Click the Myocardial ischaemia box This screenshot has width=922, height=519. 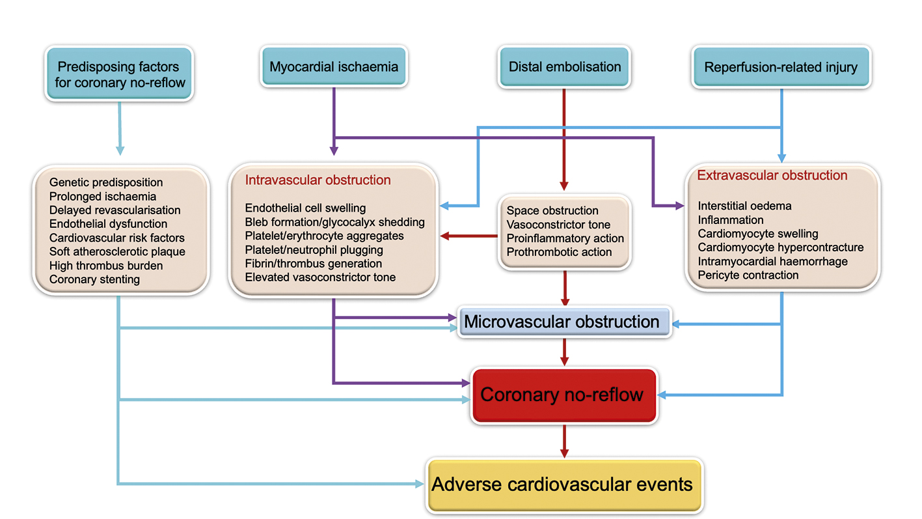click(334, 66)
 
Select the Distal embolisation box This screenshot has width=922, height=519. click(564, 66)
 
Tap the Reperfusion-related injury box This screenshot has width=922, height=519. click(781, 66)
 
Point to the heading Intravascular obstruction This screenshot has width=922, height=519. click(318, 180)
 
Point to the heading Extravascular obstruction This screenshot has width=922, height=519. click(772, 175)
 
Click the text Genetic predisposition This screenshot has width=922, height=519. click(106, 182)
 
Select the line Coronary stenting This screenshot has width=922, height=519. click(94, 279)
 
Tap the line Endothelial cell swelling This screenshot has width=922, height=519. click(305, 208)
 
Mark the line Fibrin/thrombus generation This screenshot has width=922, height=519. click(313, 264)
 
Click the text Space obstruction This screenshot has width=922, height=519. click(552, 210)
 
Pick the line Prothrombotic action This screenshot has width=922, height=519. click(559, 252)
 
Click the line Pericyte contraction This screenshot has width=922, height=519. click(748, 275)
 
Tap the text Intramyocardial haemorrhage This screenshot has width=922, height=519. click(772, 261)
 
